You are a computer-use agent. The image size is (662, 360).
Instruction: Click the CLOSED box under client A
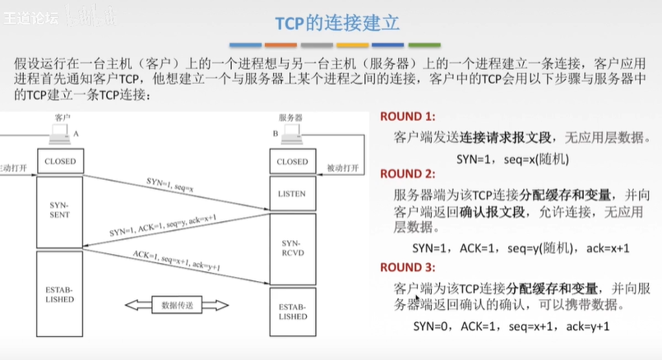coord(60,162)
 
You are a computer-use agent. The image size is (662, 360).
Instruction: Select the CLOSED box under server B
coord(291,162)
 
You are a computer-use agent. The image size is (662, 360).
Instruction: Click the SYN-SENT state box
coord(60,209)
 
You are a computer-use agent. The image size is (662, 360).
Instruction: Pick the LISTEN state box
coord(291,194)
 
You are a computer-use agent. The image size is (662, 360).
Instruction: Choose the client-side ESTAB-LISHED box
coord(60,293)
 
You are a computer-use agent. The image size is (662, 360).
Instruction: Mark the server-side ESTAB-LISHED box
coord(291,311)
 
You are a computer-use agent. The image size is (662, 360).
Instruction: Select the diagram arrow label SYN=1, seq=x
coord(170,182)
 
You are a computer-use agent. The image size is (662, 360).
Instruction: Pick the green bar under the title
coord(424,45)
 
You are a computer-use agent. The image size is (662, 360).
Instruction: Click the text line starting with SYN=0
coord(510,326)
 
